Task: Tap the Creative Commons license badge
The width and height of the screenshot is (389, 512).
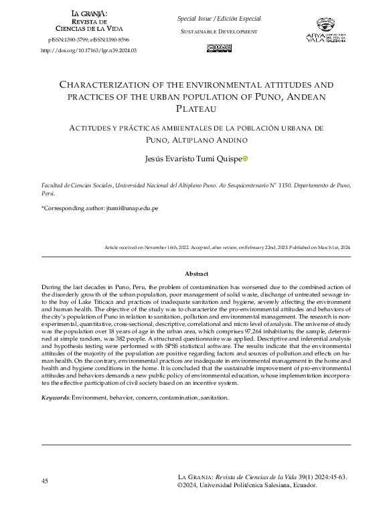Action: pos(219,48)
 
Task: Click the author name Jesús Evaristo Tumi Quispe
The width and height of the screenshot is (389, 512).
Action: pos(193,159)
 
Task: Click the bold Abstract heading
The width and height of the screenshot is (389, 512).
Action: pos(196,274)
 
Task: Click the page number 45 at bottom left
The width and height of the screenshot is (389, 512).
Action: pos(45,481)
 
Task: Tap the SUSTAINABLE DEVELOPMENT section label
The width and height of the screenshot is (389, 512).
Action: pos(219,32)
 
